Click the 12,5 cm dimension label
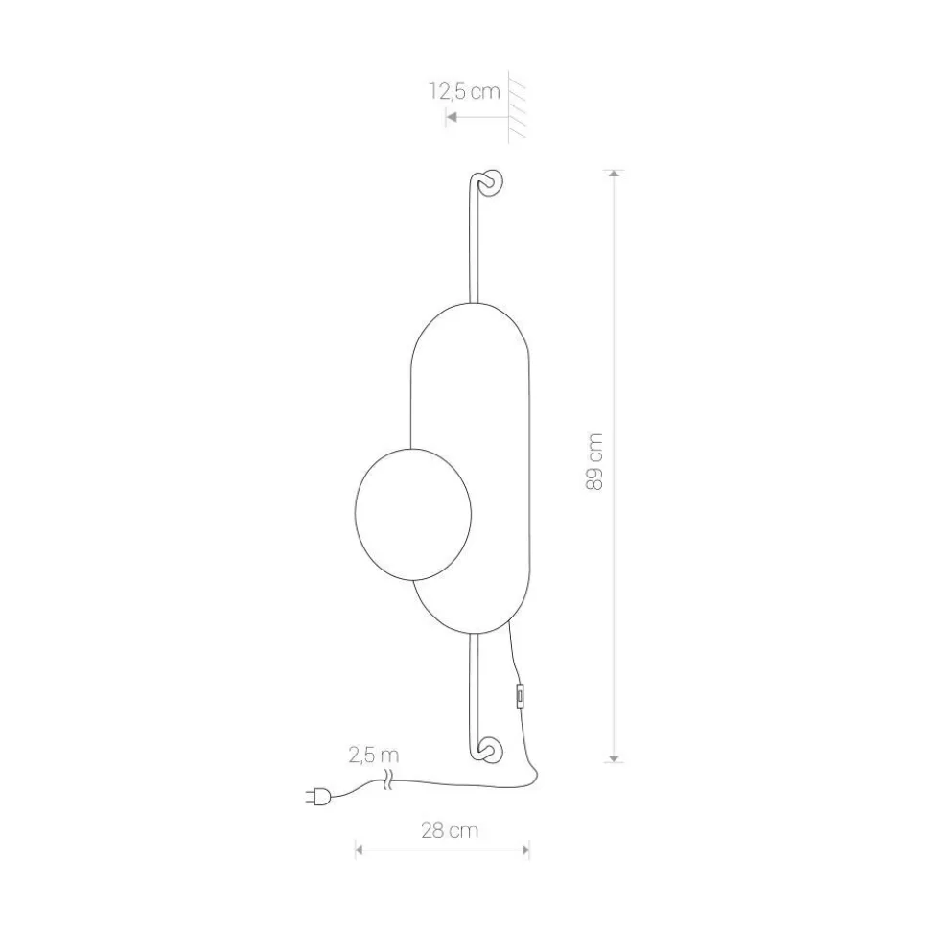[464, 92]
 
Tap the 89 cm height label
[594, 462]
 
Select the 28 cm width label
[450, 830]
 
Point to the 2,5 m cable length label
[374, 756]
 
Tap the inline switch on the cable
[521, 695]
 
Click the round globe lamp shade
[412, 514]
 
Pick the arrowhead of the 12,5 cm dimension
[451, 117]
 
